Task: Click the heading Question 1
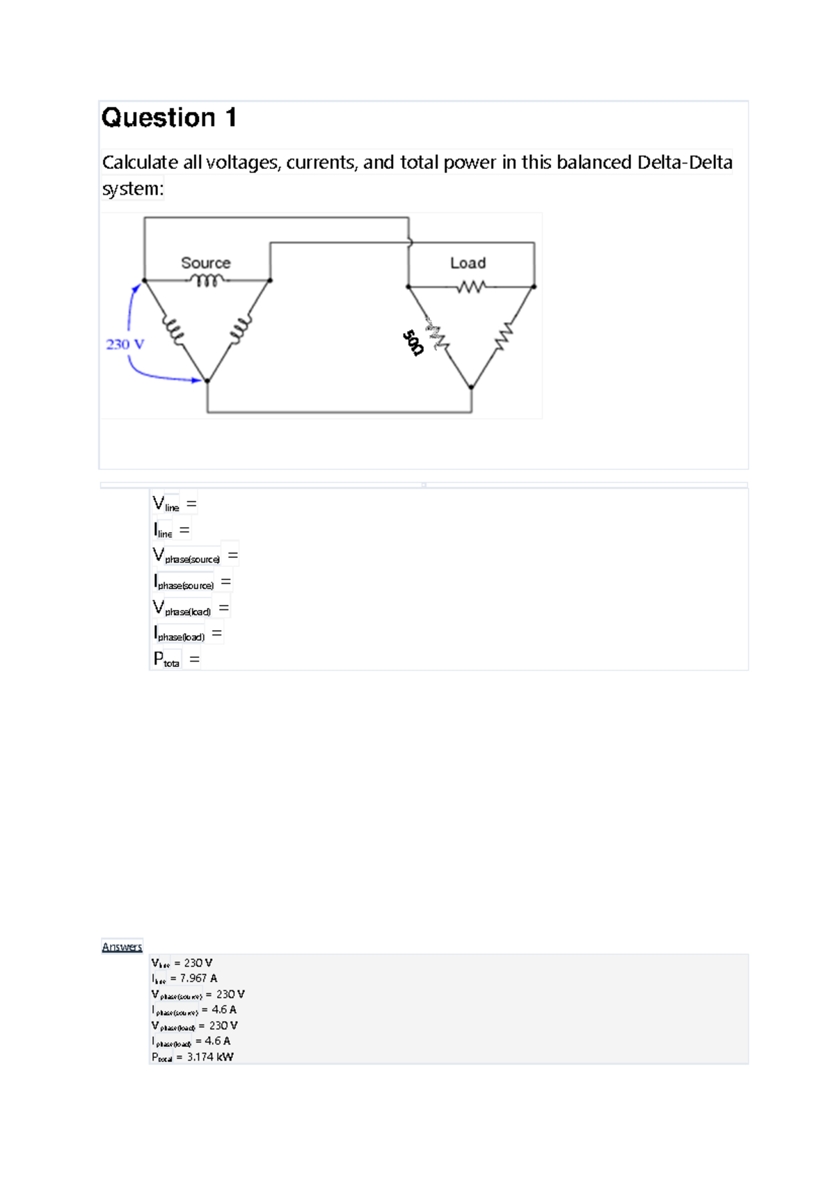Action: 169,118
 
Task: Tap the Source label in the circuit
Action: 205,263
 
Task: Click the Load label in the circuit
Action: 468,263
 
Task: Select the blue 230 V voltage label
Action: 125,344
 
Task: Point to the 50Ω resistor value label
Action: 413,342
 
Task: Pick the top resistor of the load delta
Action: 471,286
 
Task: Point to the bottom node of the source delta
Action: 207,380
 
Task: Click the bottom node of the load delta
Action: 471,387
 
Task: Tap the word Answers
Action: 122,947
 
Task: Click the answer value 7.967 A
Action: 198,978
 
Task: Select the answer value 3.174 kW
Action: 210,1057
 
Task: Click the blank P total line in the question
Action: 177,659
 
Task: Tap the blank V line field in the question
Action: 175,504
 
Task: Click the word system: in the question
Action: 132,188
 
